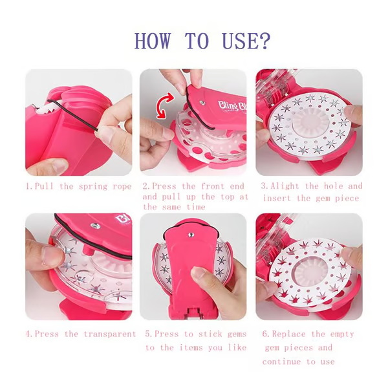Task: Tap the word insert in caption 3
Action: point(277,197)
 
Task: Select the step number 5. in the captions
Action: point(148,334)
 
